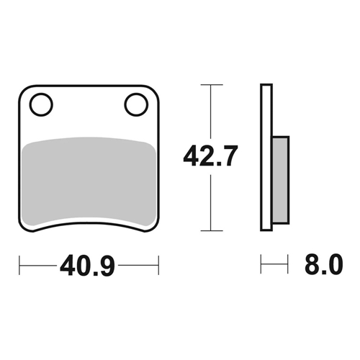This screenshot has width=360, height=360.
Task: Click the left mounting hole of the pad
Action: tap(42, 104)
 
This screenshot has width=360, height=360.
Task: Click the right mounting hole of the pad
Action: tap(135, 104)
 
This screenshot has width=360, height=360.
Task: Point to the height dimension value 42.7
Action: tap(210, 157)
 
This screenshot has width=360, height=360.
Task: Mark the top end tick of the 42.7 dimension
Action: tap(210, 85)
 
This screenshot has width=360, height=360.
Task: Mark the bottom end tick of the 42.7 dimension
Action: tap(210, 231)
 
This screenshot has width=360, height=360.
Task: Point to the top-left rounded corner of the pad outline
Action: tap(23, 91)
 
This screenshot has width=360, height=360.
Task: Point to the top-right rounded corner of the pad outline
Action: tap(154, 91)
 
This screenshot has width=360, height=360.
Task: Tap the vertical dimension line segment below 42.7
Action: tap(210, 202)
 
